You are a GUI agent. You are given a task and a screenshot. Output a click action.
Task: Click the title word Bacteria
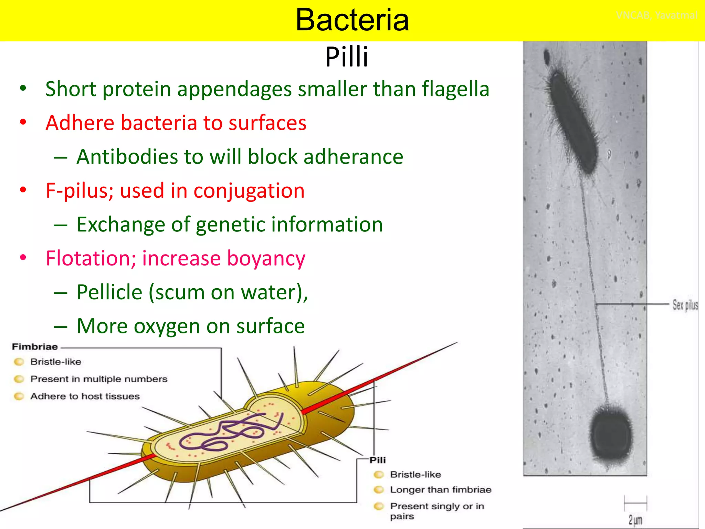point(352,20)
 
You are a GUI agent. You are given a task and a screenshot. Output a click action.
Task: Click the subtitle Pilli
point(347,57)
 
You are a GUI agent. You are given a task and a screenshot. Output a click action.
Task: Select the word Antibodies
point(127,157)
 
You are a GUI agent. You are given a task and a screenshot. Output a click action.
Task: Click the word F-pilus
point(80,191)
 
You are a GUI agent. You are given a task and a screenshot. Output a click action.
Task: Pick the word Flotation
point(91,258)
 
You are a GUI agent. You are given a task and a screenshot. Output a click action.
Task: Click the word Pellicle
point(109,292)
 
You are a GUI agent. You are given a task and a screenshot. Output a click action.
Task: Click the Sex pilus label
point(685,305)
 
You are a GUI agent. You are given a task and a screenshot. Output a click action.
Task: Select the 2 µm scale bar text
point(635,520)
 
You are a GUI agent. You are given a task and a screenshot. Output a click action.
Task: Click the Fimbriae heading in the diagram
point(35,347)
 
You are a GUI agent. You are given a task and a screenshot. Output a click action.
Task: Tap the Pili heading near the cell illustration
point(378,460)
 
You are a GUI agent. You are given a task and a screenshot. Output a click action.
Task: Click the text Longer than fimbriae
point(440,490)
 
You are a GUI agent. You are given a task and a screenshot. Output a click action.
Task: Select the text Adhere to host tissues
point(85,396)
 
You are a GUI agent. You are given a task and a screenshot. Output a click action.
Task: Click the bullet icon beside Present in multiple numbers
point(19,379)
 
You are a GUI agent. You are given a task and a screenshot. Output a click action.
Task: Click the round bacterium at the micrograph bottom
point(611,436)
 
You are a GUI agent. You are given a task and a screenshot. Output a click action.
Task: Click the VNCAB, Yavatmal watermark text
point(656,15)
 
